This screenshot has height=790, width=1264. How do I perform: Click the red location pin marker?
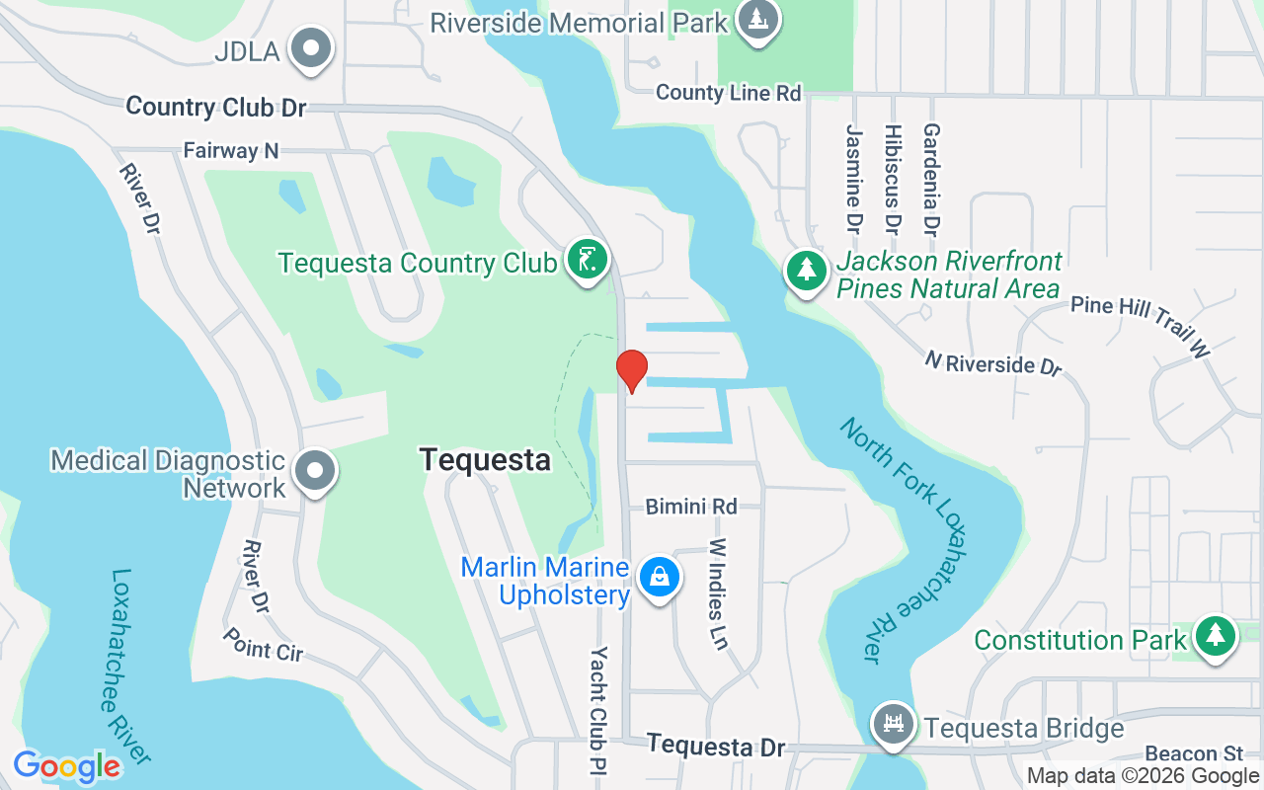[x=632, y=370]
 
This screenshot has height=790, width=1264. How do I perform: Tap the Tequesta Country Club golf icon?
[x=588, y=261]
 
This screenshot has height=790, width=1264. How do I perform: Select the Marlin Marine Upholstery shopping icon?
[x=658, y=577]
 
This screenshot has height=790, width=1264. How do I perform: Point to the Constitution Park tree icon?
[x=1215, y=637]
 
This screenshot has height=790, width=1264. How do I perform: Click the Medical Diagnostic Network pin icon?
[x=315, y=472]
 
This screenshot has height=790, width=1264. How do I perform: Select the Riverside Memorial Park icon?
[x=757, y=20]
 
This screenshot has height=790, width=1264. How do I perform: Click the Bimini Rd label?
[x=691, y=507]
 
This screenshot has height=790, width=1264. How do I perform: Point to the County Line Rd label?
[x=728, y=93]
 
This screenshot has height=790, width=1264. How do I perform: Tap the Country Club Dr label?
[x=216, y=107]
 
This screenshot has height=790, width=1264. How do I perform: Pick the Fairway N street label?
[x=231, y=151]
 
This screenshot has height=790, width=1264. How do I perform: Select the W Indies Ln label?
[x=718, y=593]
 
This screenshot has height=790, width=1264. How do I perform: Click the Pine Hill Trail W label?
[x=1141, y=325]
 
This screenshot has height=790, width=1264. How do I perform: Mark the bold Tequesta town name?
[x=485, y=459]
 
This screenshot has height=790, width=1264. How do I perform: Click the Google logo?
[x=67, y=766]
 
